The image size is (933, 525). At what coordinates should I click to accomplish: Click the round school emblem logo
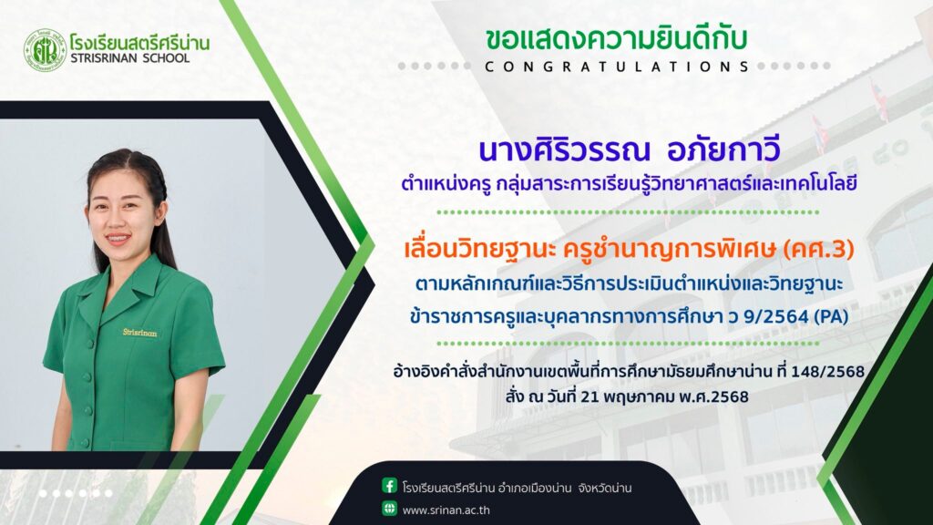pos(45,50)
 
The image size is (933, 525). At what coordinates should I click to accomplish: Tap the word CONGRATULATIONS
pos(617,67)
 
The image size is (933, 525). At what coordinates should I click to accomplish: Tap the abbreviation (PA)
pos(831,316)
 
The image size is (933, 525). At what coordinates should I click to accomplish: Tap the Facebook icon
pos(389,486)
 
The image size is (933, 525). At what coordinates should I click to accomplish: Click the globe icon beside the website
pos(389,509)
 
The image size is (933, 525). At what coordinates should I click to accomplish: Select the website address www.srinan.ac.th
pos(446,510)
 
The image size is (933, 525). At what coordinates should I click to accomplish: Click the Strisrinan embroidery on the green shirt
pos(139,332)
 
